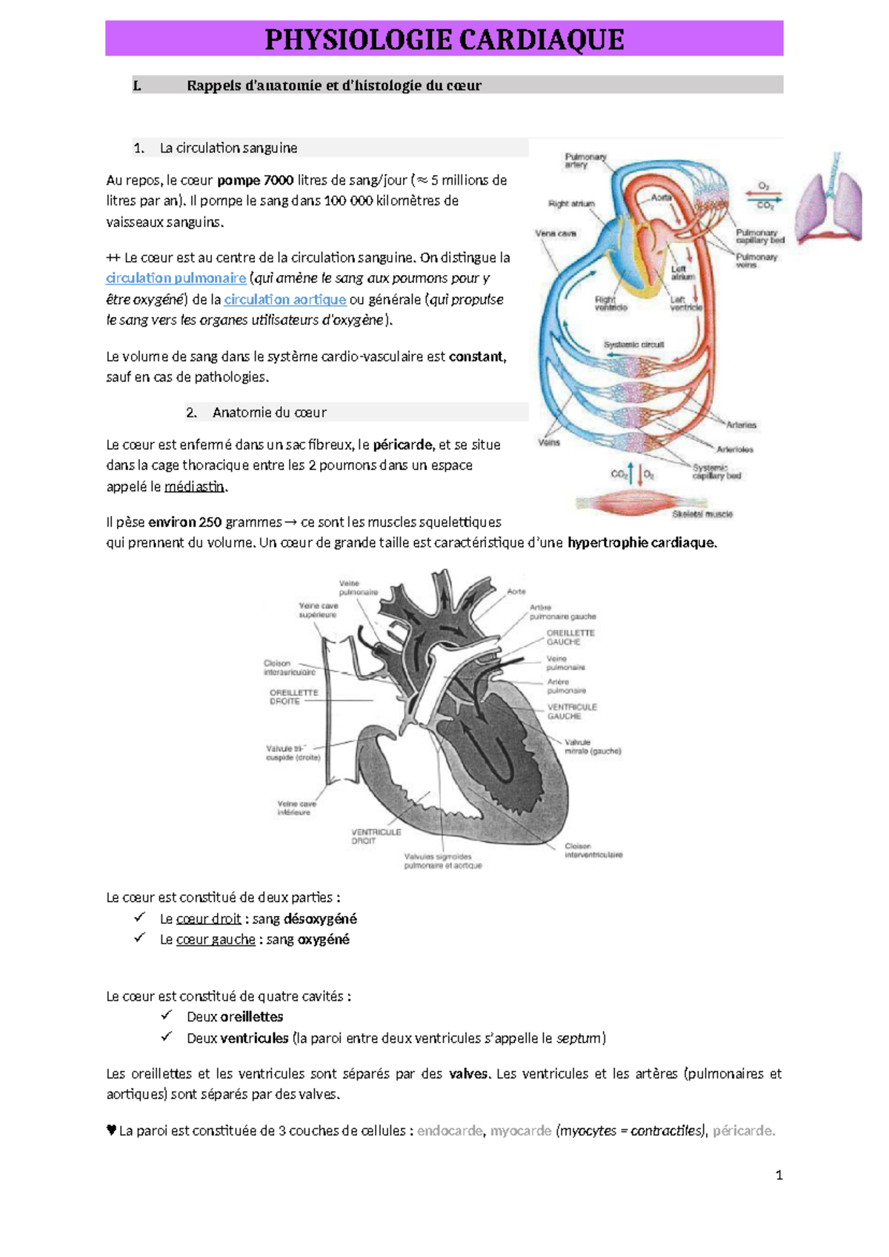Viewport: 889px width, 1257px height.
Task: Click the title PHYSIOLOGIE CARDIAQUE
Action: point(444,39)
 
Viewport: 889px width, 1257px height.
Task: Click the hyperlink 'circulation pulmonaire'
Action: point(176,278)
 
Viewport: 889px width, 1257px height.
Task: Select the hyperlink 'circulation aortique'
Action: point(285,299)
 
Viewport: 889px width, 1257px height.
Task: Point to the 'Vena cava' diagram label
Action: point(556,233)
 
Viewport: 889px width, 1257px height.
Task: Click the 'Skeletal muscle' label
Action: point(702,514)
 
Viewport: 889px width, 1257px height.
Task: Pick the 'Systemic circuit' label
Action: point(633,345)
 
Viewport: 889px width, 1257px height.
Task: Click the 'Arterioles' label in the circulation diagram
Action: point(734,449)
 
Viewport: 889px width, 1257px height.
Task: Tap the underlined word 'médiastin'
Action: point(194,487)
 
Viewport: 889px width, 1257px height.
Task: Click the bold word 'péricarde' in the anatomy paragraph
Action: point(403,445)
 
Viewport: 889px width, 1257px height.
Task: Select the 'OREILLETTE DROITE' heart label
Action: point(293,697)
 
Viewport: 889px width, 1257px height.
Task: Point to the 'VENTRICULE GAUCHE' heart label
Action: point(572,712)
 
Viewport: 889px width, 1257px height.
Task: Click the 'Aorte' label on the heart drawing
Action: point(516,591)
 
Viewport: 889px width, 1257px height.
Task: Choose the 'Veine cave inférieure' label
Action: point(296,808)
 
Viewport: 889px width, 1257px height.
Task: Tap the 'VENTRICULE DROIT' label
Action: point(376,837)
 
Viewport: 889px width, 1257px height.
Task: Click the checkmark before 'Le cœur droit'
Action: point(139,918)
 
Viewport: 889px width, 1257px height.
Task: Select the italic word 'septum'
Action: point(579,1038)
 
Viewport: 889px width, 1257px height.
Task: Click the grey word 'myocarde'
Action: point(520,1131)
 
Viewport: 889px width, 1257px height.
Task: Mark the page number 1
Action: point(779,1175)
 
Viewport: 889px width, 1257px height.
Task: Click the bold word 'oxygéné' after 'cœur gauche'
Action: point(324,940)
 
